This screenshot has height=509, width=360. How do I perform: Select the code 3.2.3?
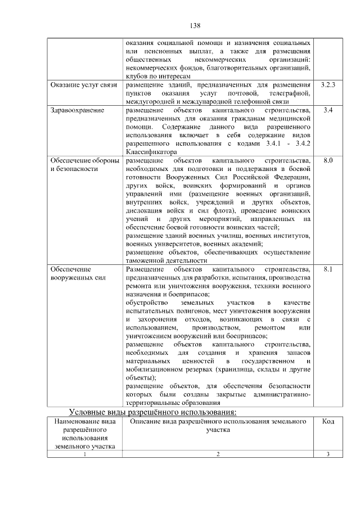click(x=328, y=85)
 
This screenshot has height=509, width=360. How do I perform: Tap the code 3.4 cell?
click(x=328, y=110)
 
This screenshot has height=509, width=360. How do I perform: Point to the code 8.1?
click(x=328, y=269)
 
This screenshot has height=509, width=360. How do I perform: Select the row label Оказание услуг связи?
click(x=84, y=85)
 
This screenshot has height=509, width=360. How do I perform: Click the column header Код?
click(x=328, y=421)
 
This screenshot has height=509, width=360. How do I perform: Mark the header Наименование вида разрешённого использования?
click(x=85, y=434)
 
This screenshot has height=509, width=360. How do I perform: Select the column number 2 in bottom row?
click(x=217, y=454)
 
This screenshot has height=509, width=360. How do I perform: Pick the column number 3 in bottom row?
click(x=328, y=454)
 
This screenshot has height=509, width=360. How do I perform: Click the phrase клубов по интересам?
click(x=158, y=76)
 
